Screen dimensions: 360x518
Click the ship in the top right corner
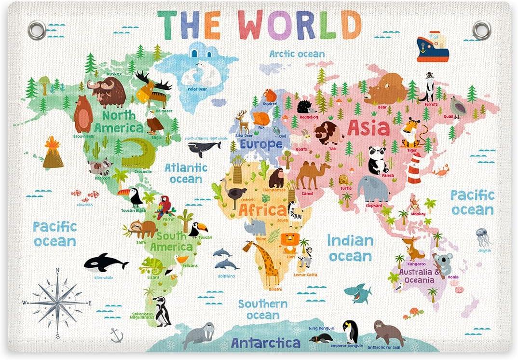point(432,47)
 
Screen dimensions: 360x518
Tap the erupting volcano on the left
point(53,153)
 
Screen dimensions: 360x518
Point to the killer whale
point(105,263)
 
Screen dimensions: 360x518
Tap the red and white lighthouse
point(414,168)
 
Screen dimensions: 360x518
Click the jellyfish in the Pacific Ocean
point(482,237)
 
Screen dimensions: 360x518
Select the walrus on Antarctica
point(198,334)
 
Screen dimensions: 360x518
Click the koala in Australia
point(442,264)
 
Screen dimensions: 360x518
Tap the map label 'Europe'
point(261,144)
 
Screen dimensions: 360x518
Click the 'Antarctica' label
point(265,343)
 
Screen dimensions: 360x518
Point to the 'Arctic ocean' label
point(297,54)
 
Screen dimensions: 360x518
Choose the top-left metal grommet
point(37,30)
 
